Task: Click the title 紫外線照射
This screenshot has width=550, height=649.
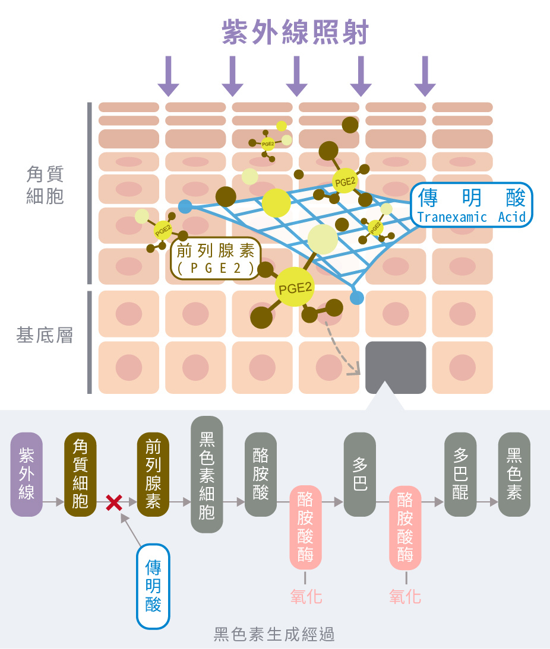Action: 295,32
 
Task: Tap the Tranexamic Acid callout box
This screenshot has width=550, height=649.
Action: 472,205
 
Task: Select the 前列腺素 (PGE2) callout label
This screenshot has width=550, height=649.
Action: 215,260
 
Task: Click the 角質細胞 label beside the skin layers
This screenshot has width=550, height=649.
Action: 45,185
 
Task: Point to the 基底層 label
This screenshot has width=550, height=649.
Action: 45,336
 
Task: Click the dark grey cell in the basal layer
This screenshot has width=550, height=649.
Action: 396,367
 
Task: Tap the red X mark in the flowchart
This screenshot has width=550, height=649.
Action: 114,503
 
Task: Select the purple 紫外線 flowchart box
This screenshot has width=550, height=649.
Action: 27,474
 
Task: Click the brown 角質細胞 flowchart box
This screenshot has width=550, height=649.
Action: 80,474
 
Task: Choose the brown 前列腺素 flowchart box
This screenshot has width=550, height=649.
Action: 153,474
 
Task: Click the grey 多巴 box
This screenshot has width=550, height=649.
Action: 360,474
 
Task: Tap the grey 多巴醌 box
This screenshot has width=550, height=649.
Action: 460,474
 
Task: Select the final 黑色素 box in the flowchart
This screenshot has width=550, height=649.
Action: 514,474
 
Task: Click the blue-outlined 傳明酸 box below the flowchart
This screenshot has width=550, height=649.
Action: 153,586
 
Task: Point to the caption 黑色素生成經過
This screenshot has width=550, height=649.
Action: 274,634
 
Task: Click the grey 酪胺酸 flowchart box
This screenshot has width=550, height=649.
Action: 261,474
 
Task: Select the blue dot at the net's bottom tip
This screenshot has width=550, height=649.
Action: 356,298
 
